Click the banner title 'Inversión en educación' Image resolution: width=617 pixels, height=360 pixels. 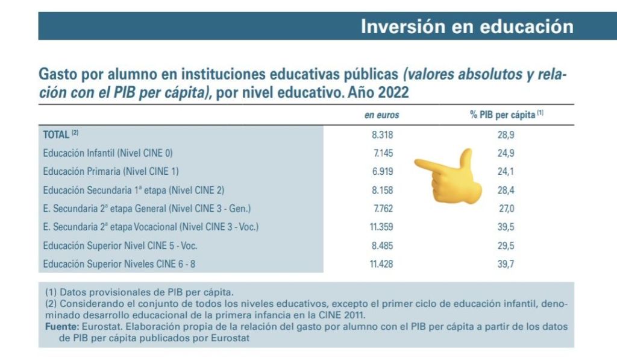coord(467,27)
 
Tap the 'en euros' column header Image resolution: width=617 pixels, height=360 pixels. coord(381,115)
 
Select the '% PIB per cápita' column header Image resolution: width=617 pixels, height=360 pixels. coord(506,115)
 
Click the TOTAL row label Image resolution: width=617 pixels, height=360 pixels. coord(61,134)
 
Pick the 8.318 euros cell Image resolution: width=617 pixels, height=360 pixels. coord(382,134)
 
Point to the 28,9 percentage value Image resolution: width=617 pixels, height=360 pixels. coord(506,134)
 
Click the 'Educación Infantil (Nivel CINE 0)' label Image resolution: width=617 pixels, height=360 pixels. coord(108,153)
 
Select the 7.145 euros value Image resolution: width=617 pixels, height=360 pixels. coord(383,153)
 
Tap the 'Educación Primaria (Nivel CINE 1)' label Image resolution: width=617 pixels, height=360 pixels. coord(111,171)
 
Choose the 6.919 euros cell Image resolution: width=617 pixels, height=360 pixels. coord(382,171)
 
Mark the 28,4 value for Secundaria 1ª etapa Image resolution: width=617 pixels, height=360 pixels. coord(506,190)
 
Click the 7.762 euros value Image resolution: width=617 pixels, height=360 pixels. coord(383,209)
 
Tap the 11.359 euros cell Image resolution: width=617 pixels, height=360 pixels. coord(381,227)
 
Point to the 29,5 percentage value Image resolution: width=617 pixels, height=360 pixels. coord(506,246)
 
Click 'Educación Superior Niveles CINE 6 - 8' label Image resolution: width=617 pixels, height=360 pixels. coord(119,264)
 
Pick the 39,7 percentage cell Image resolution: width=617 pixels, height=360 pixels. coord(506,264)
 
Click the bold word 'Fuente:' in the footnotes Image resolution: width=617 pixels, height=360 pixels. coord(63,326)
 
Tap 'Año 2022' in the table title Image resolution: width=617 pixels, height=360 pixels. coord(378,92)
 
